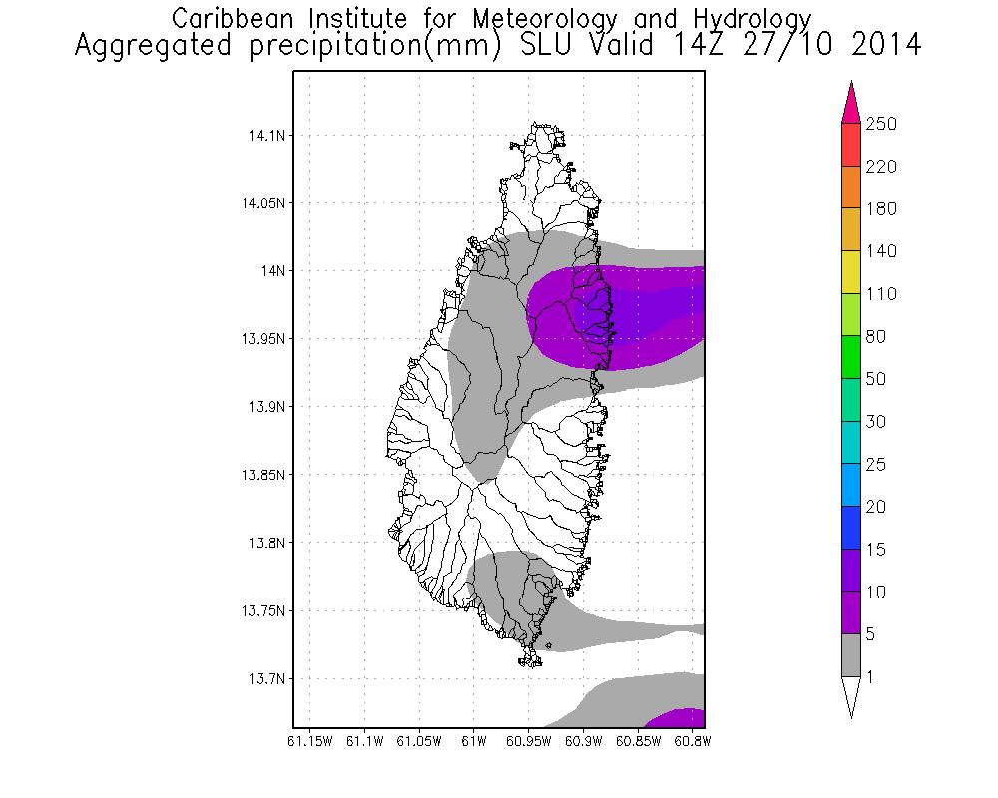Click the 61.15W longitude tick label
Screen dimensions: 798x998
309,741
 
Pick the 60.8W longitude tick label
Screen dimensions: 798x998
692,741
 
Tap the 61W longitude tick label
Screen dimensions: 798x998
474,741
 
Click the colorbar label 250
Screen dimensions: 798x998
882,124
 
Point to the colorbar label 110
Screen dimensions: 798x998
882,294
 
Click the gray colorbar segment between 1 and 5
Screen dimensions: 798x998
850,655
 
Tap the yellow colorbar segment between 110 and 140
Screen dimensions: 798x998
850,272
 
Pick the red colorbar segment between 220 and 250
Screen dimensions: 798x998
850,145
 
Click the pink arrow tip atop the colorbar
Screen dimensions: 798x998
850,100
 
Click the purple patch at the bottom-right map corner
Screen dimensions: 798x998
679,718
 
